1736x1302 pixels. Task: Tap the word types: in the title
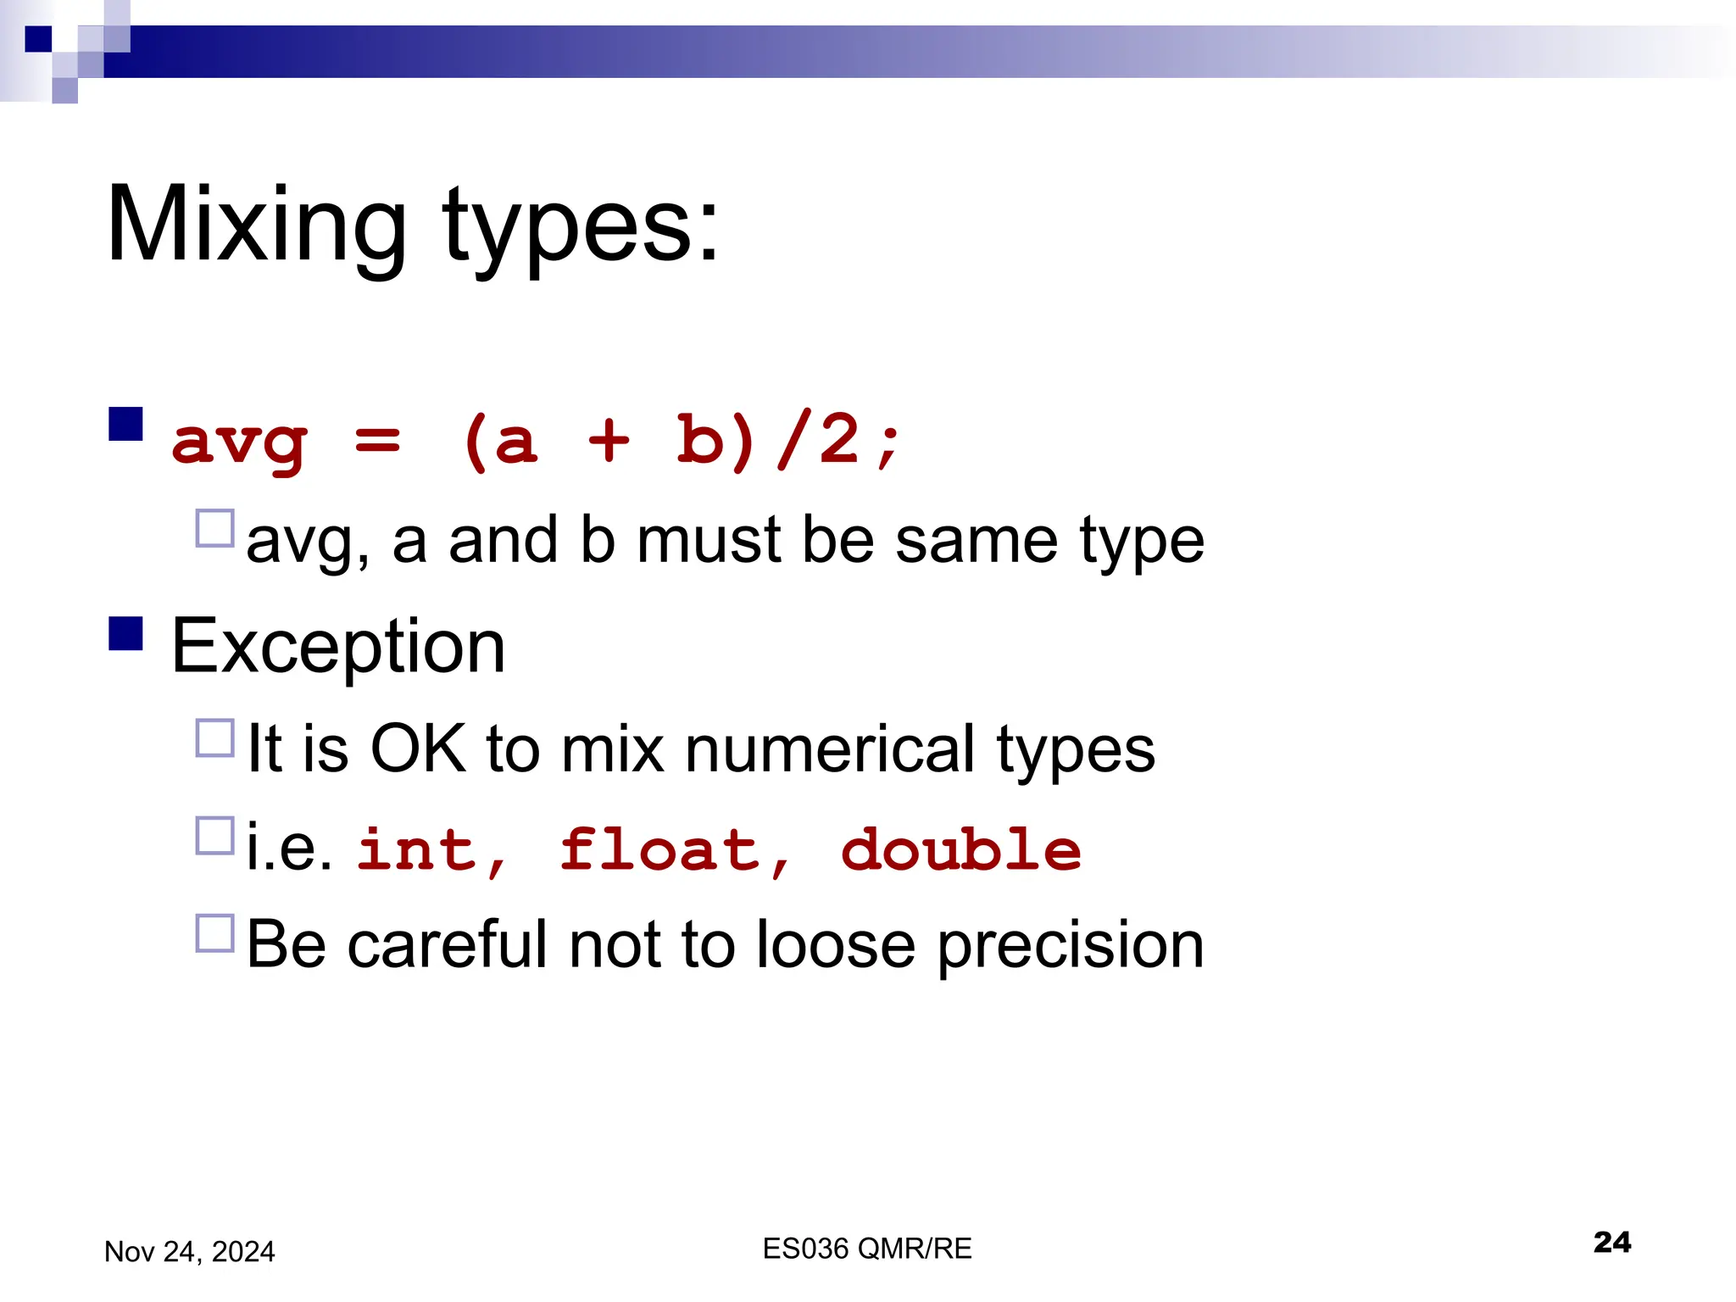click(580, 227)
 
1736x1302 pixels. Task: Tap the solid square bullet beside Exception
click(125, 633)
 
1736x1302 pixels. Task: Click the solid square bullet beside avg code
click(125, 424)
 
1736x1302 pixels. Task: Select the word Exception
click(338, 647)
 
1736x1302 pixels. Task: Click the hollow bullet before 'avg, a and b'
click(214, 528)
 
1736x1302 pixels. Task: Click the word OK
click(418, 748)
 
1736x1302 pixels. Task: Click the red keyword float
click(659, 849)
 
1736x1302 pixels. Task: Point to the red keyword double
click(960, 849)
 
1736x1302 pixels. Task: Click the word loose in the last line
click(835, 944)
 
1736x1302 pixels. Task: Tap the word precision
click(1071, 946)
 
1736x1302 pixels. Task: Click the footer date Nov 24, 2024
click(189, 1251)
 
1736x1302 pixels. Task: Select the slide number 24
click(1611, 1242)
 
